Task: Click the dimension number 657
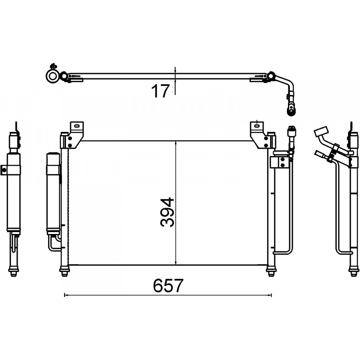click(x=168, y=285)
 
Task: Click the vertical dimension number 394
click(x=167, y=212)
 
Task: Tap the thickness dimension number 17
click(x=161, y=91)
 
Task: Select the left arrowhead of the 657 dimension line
click(x=66, y=295)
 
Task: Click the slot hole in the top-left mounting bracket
click(x=76, y=126)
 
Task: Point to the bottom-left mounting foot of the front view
click(x=64, y=271)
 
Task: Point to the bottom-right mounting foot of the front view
click(x=271, y=271)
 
